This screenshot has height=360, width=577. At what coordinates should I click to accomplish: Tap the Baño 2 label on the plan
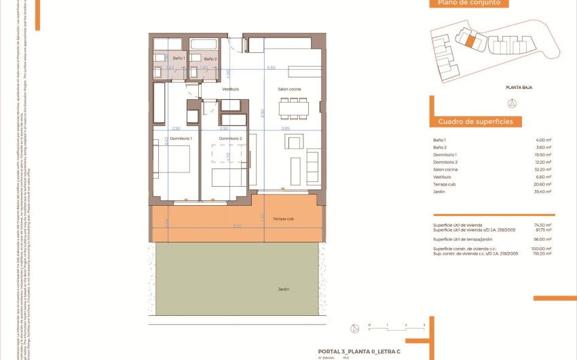(210, 59)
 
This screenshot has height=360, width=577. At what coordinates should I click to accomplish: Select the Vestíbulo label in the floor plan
(230, 89)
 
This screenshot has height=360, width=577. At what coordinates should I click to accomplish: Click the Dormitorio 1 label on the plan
(181, 139)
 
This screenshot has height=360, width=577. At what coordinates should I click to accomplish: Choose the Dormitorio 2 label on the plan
(230, 139)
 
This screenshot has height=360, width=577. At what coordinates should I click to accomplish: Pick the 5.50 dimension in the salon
(272, 68)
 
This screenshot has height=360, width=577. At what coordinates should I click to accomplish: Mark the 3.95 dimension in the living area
(285, 128)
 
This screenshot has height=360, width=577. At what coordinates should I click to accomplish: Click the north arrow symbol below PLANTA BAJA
(513, 103)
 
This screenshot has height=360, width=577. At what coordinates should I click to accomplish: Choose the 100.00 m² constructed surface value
(542, 249)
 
